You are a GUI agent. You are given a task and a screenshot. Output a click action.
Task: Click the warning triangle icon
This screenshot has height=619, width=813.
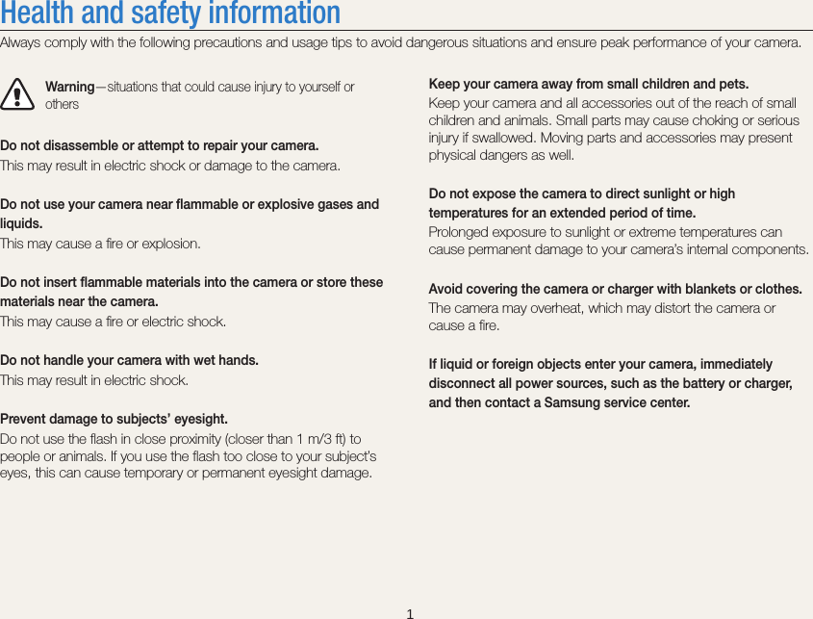(14, 94)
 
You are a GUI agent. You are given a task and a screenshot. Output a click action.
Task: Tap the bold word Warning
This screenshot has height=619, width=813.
(69, 87)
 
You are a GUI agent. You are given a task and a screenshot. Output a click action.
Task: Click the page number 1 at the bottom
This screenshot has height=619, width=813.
(409, 613)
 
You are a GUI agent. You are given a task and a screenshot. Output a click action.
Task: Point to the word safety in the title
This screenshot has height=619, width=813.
(183, 13)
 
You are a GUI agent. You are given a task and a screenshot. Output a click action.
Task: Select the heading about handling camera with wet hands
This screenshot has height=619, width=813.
(129, 360)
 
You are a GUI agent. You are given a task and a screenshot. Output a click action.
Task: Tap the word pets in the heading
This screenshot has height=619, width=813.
(734, 84)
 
